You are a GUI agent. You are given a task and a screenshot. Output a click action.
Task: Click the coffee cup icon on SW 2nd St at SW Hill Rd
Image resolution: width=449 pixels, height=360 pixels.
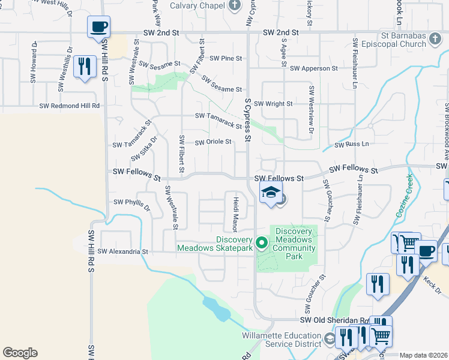[99, 27]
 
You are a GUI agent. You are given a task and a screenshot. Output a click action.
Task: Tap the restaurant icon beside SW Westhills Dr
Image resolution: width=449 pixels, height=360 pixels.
[85, 66]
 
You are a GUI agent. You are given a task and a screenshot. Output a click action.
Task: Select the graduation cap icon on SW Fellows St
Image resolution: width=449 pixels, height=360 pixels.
[271, 193]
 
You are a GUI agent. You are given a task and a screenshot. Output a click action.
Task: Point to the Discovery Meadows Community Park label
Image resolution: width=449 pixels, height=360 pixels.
[294, 244]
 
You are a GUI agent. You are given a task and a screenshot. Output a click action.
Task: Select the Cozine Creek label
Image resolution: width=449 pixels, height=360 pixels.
[403, 196]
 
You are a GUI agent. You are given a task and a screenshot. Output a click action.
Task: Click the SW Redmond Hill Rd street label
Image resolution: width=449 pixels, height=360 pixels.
[69, 106]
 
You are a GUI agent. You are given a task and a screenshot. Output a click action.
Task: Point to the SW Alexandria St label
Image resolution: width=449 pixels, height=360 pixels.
[122, 252]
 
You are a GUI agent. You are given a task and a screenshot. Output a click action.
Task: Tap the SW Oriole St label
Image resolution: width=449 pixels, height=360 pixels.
[213, 142]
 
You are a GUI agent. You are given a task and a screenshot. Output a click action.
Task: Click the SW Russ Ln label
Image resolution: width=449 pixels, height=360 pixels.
[352, 145]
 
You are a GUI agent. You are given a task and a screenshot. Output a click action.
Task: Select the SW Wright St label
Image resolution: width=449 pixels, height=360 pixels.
[274, 104]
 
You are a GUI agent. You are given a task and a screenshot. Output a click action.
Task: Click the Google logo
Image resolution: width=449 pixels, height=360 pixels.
[20, 353]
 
